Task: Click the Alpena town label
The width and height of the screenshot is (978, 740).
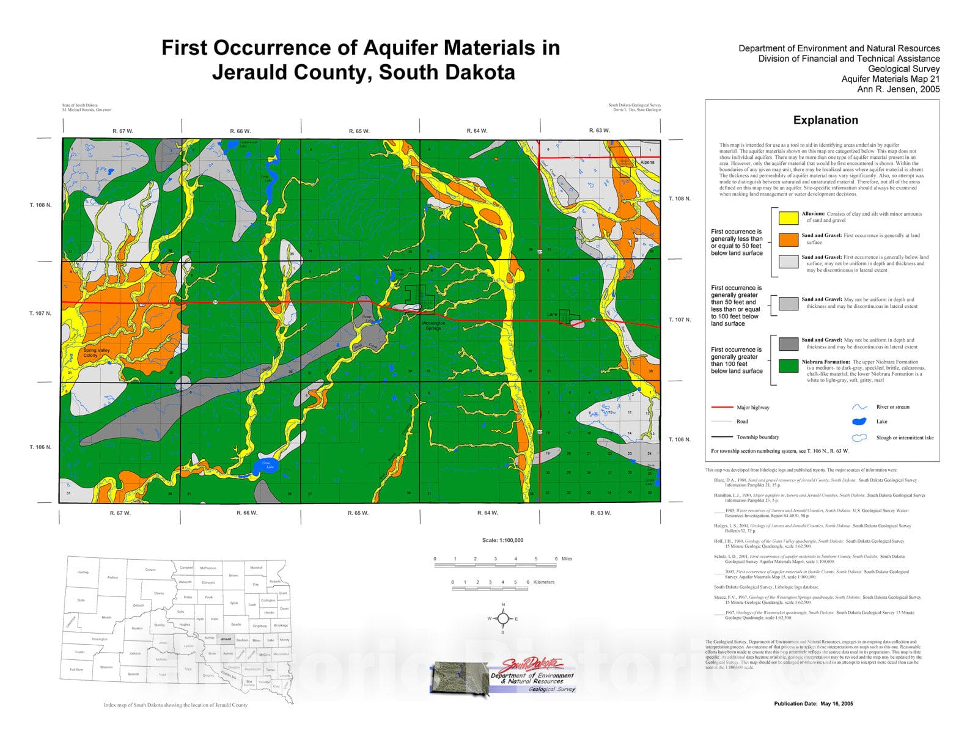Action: [x=647, y=163]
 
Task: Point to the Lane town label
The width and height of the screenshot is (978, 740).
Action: [x=552, y=315]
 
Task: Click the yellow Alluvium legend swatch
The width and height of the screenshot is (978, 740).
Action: [x=789, y=218]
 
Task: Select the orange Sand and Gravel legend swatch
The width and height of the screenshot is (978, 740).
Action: [x=789, y=239]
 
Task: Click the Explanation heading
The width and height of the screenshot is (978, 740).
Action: [x=825, y=120]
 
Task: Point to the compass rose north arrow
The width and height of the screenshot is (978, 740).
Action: [x=503, y=618]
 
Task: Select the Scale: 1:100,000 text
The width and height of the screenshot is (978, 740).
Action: [x=502, y=540]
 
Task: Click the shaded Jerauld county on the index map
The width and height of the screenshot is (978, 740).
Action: [x=226, y=639]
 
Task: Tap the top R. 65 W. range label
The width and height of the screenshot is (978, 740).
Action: [x=359, y=131]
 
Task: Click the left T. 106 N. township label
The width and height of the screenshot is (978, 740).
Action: [x=40, y=447]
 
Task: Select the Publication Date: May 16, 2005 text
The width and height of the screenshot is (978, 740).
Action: [x=813, y=704]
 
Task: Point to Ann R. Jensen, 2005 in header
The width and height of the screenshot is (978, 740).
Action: [x=898, y=89]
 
